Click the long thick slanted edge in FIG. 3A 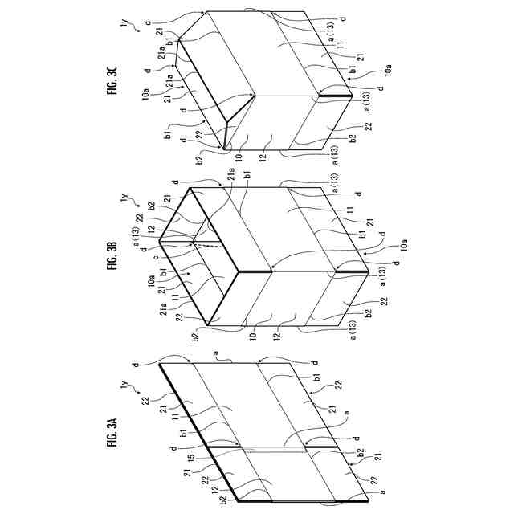(197, 434)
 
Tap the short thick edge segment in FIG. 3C (335, 96)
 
